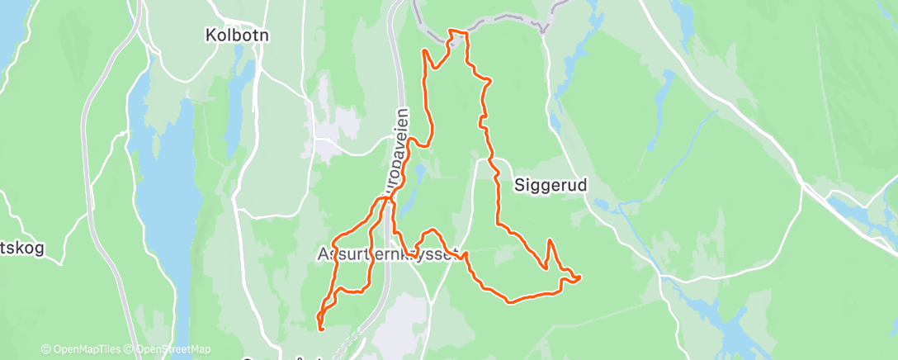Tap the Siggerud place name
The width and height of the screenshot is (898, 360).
(551, 185)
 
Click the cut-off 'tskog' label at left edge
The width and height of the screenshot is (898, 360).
(21, 247)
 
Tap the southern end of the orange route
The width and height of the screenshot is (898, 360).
(320, 329)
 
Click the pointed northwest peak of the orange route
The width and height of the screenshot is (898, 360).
(424, 50)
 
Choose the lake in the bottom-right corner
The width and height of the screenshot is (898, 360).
(726, 330)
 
